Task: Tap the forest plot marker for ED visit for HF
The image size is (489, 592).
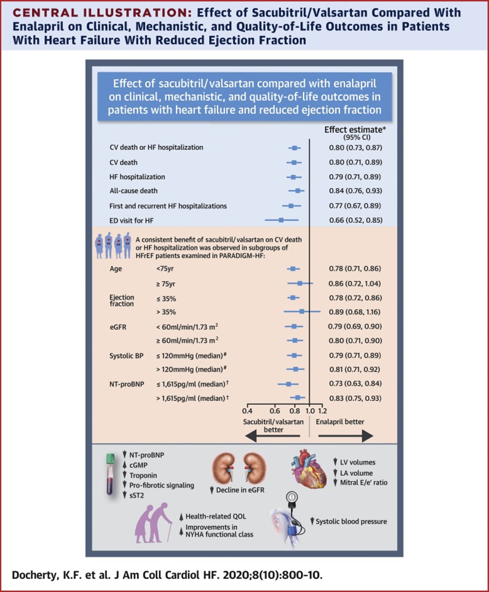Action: coord(281,220)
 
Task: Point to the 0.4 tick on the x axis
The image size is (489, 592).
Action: coord(247,410)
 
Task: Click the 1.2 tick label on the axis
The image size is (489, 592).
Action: coord(322,410)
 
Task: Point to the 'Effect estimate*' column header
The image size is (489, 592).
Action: coord(354,129)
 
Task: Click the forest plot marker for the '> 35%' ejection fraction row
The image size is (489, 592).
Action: coord(302,312)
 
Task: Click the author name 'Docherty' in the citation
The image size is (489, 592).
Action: coord(35,576)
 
